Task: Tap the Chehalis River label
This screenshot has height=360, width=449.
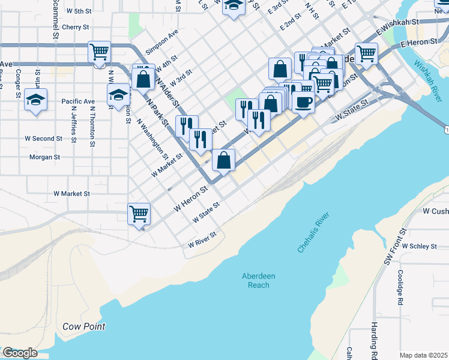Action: tap(314, 233)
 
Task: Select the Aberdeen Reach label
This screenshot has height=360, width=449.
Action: tap(259, 280)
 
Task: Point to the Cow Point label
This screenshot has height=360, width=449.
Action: tap(84, 326)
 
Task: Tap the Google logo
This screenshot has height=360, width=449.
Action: tap(20, 353)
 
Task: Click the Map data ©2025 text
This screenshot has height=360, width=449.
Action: tap(423, 355)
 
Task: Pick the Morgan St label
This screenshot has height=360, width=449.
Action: tap(45, 157)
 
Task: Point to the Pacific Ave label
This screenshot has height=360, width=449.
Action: tap(78, 101)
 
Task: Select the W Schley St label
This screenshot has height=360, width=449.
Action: tap(422, 246)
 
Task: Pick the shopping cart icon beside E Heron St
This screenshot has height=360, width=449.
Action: tap(366, 53)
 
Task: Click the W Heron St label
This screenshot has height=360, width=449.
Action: tap(190, 198)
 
